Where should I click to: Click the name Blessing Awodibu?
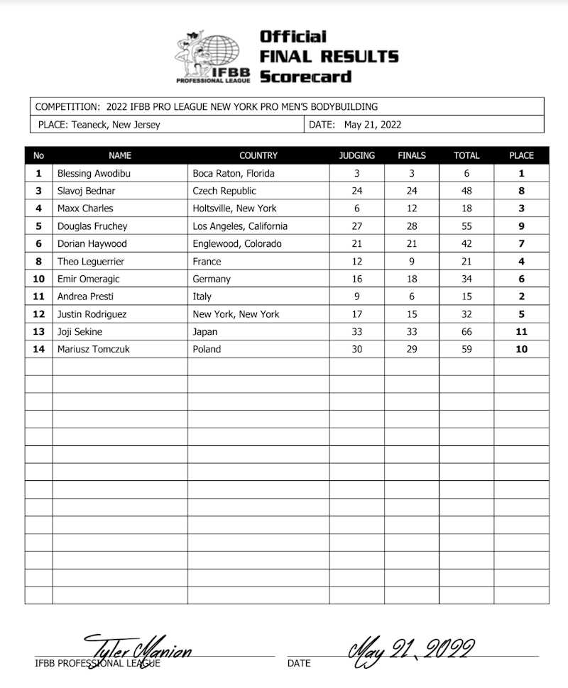94,173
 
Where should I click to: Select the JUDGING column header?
357,155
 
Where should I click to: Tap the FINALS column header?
412,155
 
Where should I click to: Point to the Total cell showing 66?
466,332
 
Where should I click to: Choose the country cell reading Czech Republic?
224,191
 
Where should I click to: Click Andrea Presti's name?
85,296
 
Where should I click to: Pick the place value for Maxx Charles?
522,209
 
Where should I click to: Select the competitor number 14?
39,349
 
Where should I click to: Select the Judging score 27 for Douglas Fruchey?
357,226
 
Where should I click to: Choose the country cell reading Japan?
207,332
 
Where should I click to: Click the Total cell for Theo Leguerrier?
466,261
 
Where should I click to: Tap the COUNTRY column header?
258,155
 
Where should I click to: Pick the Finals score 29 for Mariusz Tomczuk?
412,349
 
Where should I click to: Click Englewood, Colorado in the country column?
237,243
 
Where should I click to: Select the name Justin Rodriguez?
93,314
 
